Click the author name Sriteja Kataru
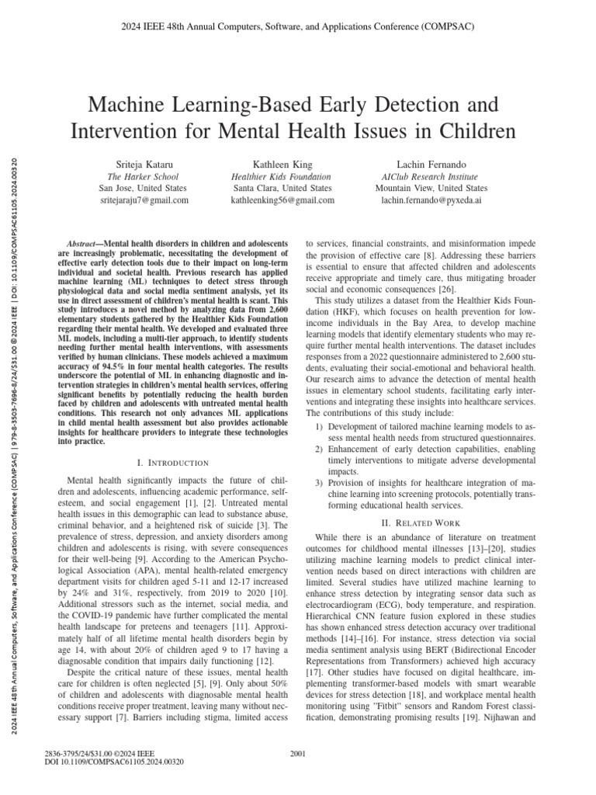coord(144,165)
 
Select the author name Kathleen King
coord(282,165)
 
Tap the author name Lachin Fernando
coord(431,165)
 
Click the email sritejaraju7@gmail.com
coord(144,200)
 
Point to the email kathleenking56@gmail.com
coord(282,200)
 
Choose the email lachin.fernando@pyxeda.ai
coord(431,200)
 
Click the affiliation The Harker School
coord(144,177)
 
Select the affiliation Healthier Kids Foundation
coord(282,177)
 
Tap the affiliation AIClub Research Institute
coord(431,177)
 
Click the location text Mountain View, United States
coord(431,188)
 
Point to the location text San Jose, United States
coord(144,188)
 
